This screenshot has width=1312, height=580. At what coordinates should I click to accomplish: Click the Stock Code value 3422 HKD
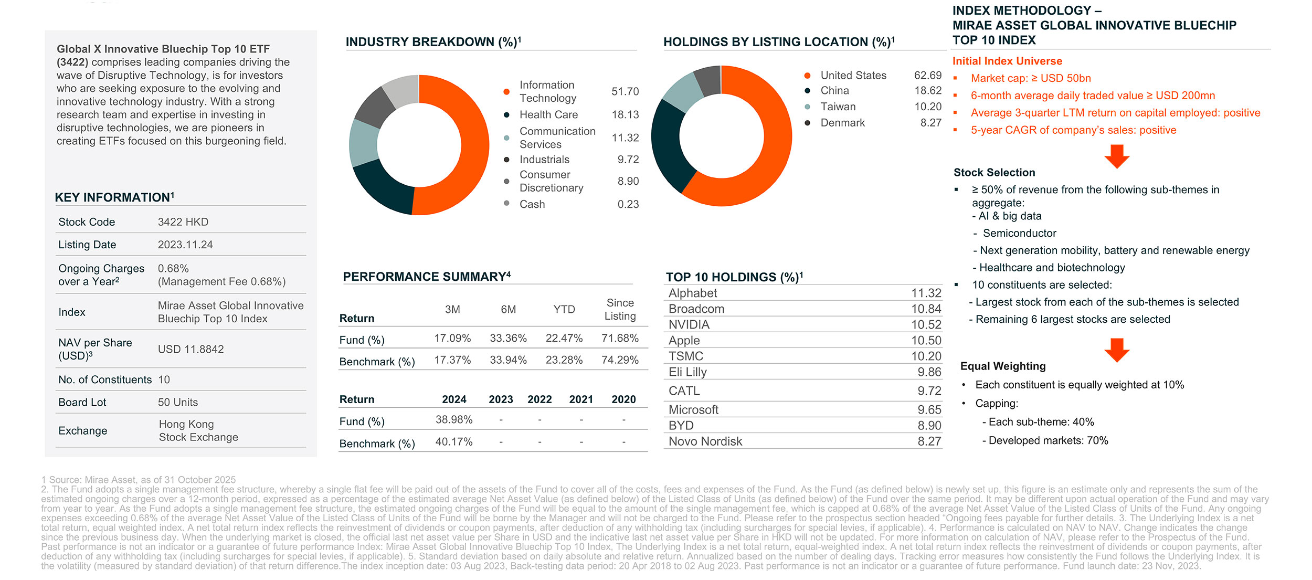[x=183, y=222]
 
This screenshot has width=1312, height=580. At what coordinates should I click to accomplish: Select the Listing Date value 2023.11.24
[x=185, y=245]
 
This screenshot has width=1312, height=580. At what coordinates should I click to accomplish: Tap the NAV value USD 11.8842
[x=191, y=349]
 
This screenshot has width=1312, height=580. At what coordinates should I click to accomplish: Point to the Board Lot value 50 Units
[x=178, y=402]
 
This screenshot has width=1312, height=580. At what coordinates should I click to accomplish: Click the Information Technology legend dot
[x=506, y=92]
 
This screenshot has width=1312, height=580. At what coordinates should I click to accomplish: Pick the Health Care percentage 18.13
[x=625, y=114]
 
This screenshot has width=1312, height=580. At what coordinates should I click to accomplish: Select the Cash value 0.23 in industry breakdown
[x=628, y=204]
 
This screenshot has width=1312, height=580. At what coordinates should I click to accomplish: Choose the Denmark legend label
[x=842, y=123]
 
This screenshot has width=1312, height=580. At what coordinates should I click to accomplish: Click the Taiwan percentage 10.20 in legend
[x=928, y=107]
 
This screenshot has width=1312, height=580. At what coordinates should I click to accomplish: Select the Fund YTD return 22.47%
[x=564, y=338]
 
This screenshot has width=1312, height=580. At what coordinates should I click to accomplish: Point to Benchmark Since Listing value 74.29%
[x=620, y=360]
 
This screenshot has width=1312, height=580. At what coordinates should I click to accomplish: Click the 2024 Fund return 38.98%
[x=454, y=419]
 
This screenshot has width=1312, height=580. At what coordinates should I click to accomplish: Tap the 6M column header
[x=508, y=310]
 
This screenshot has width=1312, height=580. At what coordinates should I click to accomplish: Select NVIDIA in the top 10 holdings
[x=689, y=324]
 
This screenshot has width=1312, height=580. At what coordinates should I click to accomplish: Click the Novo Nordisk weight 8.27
[x=929, y=441]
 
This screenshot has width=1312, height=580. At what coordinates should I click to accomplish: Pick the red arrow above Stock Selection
[x=1116, y=156]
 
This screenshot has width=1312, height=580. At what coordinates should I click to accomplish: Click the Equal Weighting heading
[x=1002, y=366]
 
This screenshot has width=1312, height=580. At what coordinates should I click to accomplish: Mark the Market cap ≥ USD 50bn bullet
[x=1030, y=78]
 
